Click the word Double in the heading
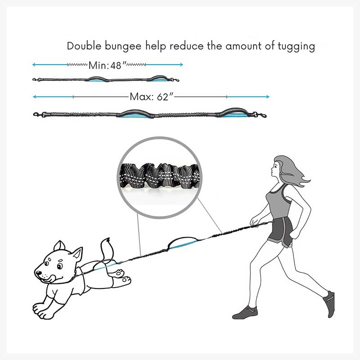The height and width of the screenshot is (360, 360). pos(84,46)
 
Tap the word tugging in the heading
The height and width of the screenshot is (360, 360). pos(296,47)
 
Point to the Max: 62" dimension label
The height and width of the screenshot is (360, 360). pos(151,97)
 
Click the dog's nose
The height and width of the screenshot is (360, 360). pos(38,273)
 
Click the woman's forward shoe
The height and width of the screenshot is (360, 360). pos(245,313)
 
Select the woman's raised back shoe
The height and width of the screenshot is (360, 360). pos(329,303)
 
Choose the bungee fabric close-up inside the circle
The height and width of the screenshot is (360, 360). pos(160,175)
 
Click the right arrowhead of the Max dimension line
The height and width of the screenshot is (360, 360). pos(267,97)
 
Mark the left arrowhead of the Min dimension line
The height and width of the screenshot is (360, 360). pos(34,65)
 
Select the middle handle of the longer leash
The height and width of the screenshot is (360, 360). pos(135,114)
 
